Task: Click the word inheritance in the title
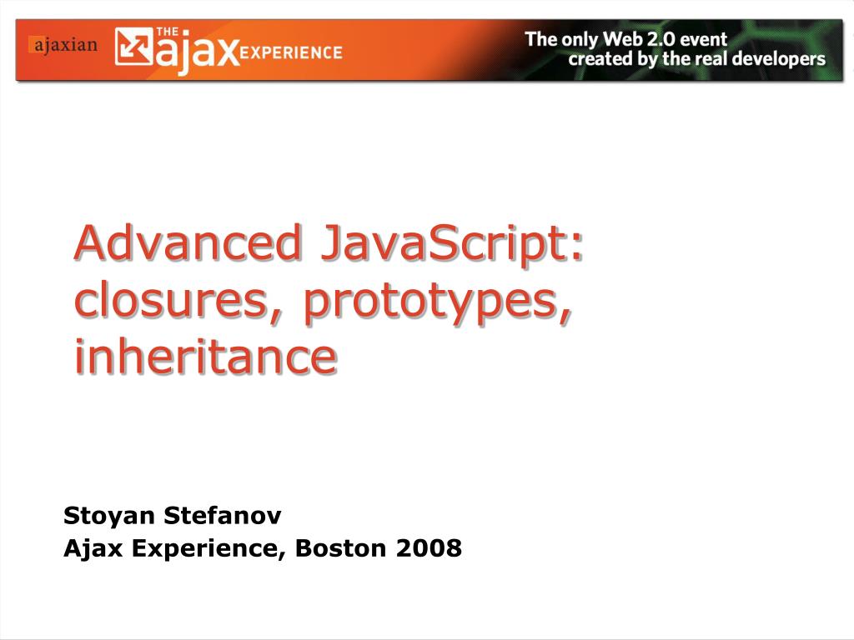point(205,356)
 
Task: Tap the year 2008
point(429,547)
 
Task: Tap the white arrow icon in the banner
point(133,47)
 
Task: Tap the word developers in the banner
point(778,59)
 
